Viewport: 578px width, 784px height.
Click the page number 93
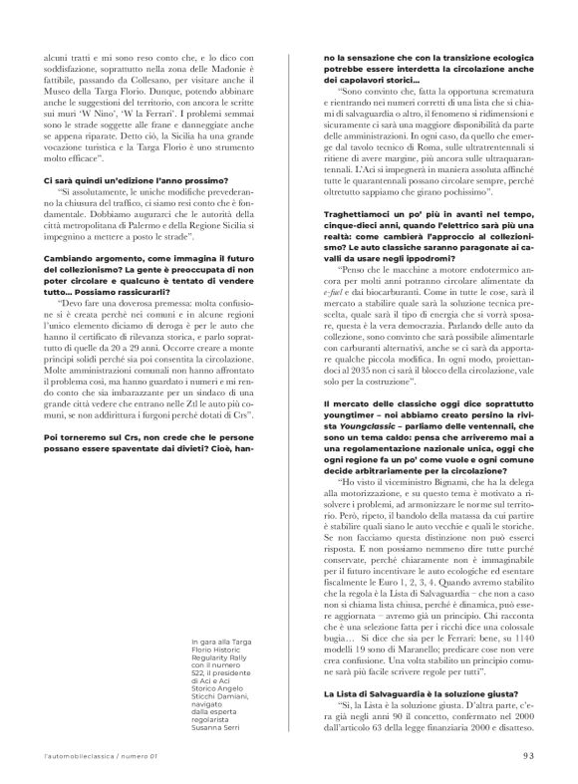[x=529, y=756]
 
